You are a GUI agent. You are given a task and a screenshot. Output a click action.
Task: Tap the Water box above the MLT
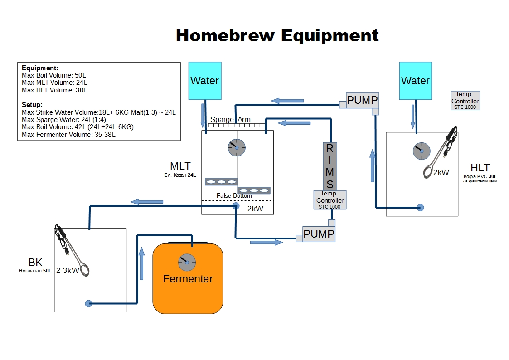[205, 81]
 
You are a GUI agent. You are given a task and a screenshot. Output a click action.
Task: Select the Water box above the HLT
[415, 81]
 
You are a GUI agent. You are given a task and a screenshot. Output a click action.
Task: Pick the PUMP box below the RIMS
[319, 234]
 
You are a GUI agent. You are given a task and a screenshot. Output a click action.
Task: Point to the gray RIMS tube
[330, 166]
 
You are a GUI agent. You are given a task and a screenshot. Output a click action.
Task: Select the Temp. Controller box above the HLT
[465, 100]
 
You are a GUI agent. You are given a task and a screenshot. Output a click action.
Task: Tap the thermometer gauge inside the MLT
[237, 147]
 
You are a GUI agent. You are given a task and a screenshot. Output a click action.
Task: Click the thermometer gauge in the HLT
[421, 151]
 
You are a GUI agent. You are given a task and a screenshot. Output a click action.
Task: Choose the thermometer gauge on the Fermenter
[187, 262]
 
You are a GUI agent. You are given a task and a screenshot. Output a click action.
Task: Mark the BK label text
[35, 263]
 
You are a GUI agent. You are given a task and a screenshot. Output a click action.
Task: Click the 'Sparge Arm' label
[230, 119]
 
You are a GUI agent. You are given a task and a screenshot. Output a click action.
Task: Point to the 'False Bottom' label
[234, 195]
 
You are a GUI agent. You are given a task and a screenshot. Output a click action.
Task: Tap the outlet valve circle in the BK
[88, 303]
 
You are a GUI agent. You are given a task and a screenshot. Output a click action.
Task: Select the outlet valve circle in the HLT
[420, 208]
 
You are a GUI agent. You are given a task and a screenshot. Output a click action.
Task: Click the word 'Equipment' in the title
[330, 35]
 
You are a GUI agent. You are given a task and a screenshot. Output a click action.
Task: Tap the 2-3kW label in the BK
[68, 270]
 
